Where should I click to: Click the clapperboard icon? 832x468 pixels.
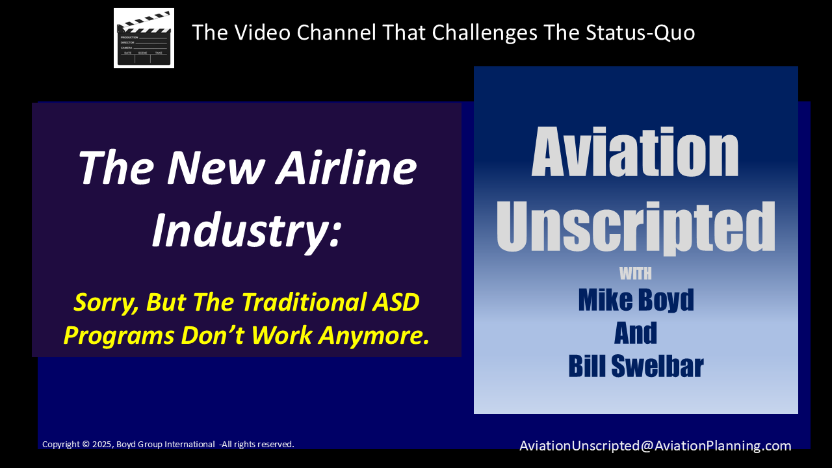(x=144, y=38)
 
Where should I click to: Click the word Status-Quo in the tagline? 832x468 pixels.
(x=640, y=32)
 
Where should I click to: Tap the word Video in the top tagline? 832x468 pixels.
(x=262, y=32)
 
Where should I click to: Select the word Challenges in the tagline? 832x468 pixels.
(x=484, y=32)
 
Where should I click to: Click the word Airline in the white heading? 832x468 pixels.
(x=346, y=167)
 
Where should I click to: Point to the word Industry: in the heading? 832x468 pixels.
(x=246, y=230)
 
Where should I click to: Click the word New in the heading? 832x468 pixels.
(x=215, y=167)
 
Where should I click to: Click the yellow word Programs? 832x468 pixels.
(x=119, y=336)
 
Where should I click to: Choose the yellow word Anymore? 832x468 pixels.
(x=374, y=336)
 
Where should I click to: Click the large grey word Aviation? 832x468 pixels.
(x=635, y=152)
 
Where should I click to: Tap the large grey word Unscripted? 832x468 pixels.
(x=636, y=227)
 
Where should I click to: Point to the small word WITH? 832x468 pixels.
(x=636, y=274)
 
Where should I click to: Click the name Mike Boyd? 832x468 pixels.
(x=636, y=300)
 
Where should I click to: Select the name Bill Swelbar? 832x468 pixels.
(x=636, y=366)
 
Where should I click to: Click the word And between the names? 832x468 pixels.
(x=636, y=333)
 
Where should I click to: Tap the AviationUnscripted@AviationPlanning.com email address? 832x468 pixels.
(x=655, y=445)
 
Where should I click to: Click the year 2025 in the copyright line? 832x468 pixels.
(x=103, y=444)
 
